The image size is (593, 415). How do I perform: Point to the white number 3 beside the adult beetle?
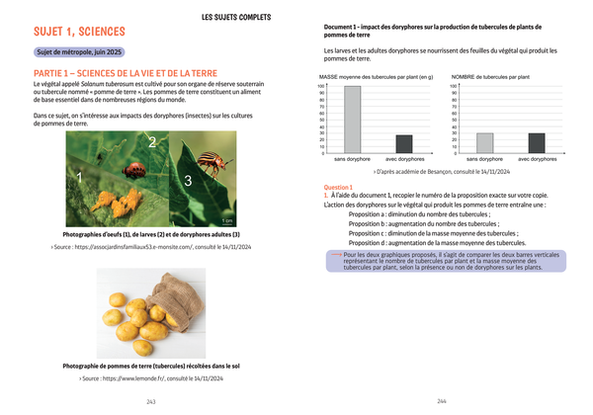[188, 181]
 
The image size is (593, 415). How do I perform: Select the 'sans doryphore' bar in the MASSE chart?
[353, 120]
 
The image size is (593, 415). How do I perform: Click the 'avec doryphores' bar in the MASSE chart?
[404, 144]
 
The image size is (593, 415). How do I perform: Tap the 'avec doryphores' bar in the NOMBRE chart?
[537, 143]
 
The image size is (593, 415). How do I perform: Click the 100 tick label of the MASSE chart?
[321, 86]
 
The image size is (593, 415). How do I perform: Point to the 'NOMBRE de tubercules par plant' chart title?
[492, 76]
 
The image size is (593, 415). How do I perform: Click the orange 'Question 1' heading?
[338, 187]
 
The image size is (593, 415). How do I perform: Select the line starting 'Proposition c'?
[419, 232]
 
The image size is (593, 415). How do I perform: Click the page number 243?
[151, 401]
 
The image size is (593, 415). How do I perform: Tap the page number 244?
[442, 401]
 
